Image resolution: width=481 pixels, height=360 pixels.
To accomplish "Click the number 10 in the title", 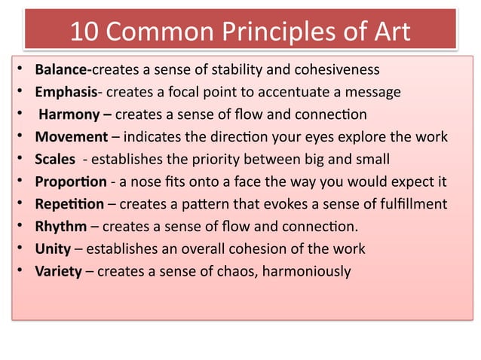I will (83, 32).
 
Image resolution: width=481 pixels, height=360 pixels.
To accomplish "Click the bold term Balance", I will (62, 71).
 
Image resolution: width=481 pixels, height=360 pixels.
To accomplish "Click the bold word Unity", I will (53, 249).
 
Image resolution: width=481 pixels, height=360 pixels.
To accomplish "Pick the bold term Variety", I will (58, 271).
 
